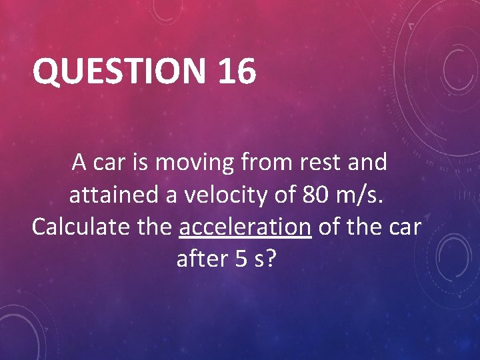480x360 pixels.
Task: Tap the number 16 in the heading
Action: click(235, 71)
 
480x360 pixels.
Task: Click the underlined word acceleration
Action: click(245, 227)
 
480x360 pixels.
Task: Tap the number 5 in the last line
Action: click(242, 259)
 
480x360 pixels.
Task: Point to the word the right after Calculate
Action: click(155, 227)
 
